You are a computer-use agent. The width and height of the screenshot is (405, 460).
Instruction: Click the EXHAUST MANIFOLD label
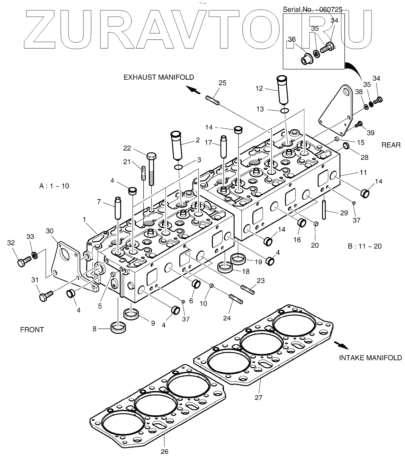(x=159, y=77)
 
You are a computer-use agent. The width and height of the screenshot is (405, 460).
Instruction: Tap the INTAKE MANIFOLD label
(x=370, y=357)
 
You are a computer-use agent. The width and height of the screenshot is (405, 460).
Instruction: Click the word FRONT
(x=32, y=329)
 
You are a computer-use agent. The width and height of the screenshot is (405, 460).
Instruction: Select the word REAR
(x=391, y=145)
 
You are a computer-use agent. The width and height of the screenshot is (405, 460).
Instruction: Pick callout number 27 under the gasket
(x=259, y=397)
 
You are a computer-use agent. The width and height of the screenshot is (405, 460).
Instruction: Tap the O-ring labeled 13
(x=284, y=110)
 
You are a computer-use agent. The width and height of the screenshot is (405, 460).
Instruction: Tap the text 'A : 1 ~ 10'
(x=54, y=186)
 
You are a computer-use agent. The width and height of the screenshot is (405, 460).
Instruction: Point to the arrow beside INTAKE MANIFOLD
(x=341, y=345)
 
